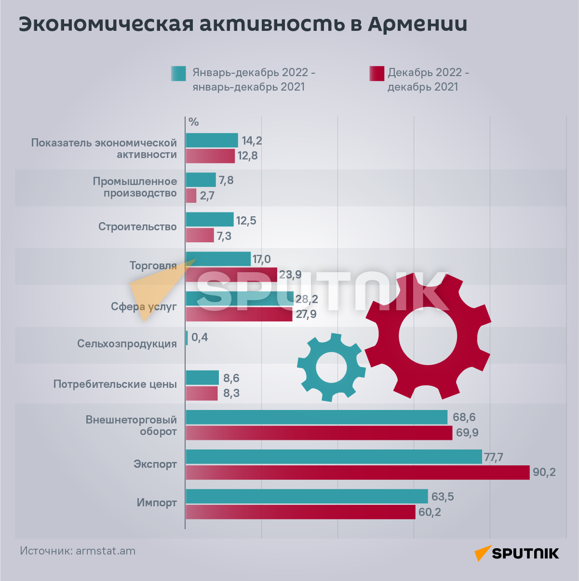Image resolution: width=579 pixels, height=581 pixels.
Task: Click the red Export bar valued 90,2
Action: pyautogui.click(x=357, y=473)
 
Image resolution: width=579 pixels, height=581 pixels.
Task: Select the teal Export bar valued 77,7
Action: pyautogui.click(x=334, y=457)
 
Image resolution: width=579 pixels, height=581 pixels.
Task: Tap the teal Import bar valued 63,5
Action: pyautogui.click(x=307, y=496)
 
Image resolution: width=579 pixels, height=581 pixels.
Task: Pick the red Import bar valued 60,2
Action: pyautogui.click(x=300, y=512)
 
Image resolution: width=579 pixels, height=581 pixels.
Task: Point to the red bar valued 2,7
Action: pyautogui.click(x=191, y=196)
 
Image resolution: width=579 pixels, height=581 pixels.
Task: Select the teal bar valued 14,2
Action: pyautogui.click(x=212, y=140)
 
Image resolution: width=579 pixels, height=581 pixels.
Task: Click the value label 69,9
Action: pyautogui.click(x=467, y=433)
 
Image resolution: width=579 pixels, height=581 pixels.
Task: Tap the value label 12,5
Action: pyautogui.click(x=246, y=221)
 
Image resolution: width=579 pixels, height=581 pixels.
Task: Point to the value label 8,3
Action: pyautogui.click(x=231, y=394)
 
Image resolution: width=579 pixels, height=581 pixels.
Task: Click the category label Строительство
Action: pyautogui.click(x=137, y=226)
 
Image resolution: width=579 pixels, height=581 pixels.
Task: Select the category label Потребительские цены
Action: pyautogui.click(x=115, y=384)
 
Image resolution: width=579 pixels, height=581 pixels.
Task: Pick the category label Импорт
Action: pyautogui.click(x=157, y=503)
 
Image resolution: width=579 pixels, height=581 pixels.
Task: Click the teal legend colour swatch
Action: pyautogui.click(x=178, y=73)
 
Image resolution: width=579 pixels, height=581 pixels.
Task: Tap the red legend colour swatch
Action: pyautogui.click(x=377, y=73)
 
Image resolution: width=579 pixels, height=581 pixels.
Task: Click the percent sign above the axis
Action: pyautogui.click(x=194, y=122)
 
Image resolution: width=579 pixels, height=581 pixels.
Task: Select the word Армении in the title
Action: pyautogui.click(x=417, y=24)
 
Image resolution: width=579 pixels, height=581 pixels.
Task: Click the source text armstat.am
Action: pyautogui.click(x=106, y=551)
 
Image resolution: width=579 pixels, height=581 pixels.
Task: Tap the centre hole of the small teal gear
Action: pyautogui.click(x=331, y=368)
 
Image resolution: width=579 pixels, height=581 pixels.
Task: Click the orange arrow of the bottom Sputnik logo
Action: pyautogui.click(x=483, y=553)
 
